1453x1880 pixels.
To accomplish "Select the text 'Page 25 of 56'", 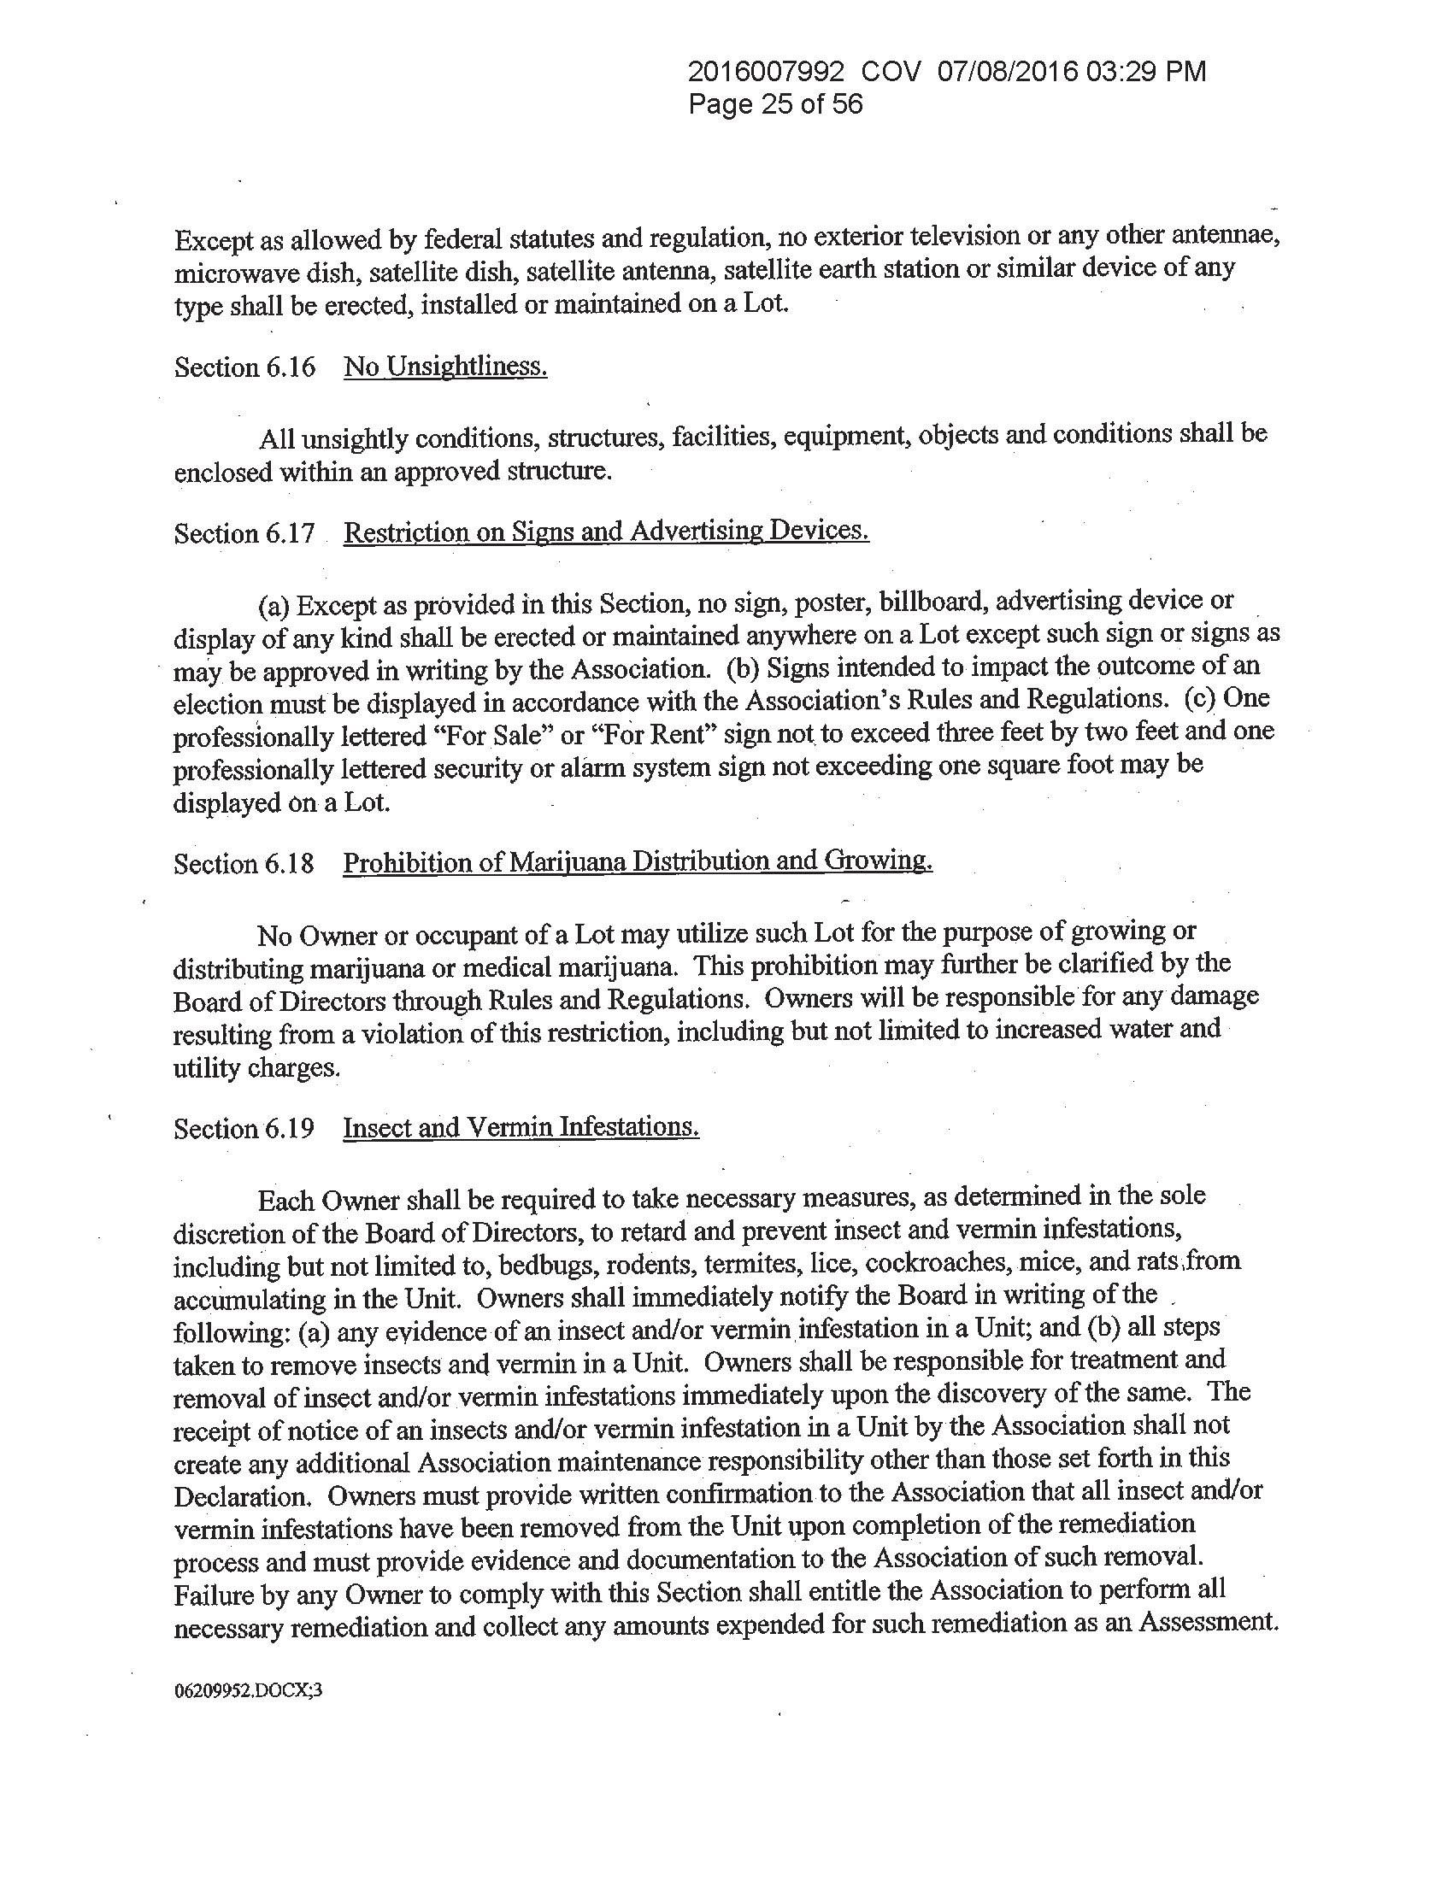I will pyautogui.click(x=774, y=105).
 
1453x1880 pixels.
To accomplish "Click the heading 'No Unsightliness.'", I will pyautogui.click(x=445, y=367).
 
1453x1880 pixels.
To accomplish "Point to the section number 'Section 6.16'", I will pyautogui.click(x=244, y=367).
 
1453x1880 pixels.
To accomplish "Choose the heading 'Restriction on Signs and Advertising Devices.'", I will pyautogui.click(x=606, y=532).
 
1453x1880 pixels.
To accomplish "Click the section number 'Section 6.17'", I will pyautogui.click(x=244, y=534).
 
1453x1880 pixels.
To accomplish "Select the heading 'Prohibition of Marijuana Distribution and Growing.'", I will pyautogui.click(x=637, y=861).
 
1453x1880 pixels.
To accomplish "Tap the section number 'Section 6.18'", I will pyautogui.click(x=244, y=863).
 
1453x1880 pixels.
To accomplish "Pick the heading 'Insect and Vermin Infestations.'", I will pyautogui.click(x=521, y=1127).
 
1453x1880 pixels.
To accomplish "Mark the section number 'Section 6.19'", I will pyautogui.click(x=244, y=1129).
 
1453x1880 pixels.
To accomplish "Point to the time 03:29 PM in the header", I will pyautogui.click(x=1145, y=73).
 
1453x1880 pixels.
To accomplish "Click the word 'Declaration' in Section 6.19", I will pyautogui.click(x=236, y=1496).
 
